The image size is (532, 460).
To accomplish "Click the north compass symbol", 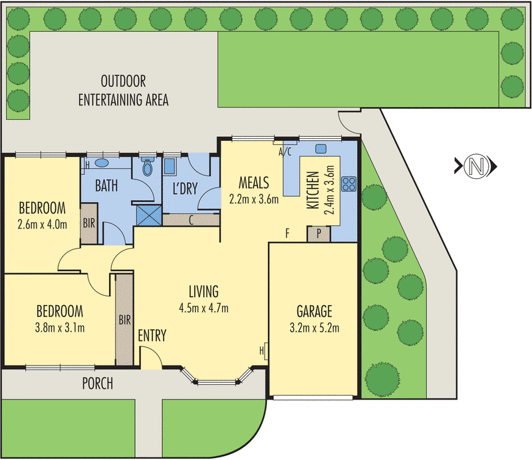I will [x=474, y=166].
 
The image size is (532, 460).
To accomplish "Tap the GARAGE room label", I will [x=311, y=311].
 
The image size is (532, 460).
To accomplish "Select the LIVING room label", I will [x=203, y=291].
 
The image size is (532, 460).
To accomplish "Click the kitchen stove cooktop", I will [x=349, y=183].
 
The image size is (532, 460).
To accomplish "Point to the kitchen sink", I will [x=320, y=148].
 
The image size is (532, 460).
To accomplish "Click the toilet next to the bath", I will [x=147, y=168].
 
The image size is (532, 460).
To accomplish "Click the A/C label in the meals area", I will [x=285, y=152].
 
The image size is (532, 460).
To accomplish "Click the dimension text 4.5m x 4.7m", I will [x=203, y=308].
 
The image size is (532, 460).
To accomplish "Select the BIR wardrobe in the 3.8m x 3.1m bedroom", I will [x=124, y=320].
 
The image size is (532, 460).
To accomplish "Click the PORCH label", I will [x=97, y=384].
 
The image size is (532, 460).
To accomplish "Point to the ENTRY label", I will [x=152, y=335].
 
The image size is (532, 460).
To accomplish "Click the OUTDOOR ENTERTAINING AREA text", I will [x=123, y=91].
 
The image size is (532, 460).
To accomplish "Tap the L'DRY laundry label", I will [x=184, y=188].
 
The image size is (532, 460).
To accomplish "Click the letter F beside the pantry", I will [x=287, y=233].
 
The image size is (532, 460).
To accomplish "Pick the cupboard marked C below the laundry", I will [x=192, y=220].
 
